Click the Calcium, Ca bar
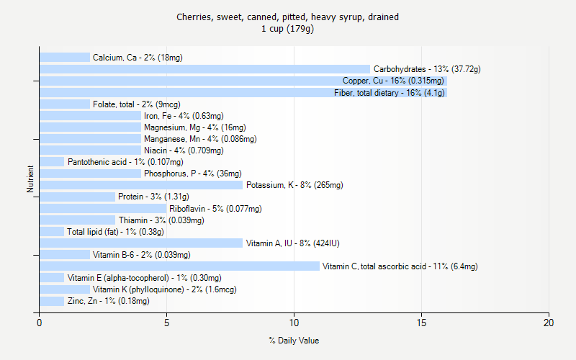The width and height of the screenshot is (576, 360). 65,58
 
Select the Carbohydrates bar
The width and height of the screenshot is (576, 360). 204,69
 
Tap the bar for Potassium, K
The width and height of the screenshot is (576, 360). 141,185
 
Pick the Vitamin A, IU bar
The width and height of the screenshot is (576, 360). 141,243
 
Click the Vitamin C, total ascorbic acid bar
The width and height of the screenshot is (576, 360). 179,266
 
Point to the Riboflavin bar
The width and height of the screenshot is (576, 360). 103,209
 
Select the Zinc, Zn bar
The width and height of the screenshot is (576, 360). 52,301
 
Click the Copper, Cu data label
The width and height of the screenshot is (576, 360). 393,81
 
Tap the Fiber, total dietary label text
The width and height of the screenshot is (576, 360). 389,92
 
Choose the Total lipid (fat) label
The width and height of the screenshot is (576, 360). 115,232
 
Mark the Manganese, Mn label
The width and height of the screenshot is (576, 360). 200,139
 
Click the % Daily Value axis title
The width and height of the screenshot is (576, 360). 294,341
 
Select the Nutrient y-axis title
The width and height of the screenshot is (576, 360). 30,179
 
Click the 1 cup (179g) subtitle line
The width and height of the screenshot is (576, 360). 288,30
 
